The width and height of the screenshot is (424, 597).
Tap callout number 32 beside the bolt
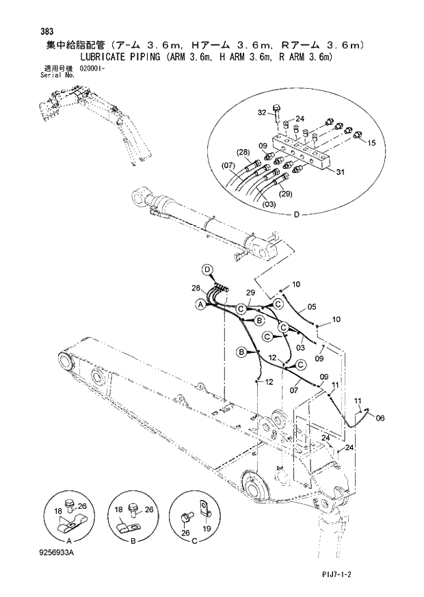[262, 112]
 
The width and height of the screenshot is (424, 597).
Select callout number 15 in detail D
[372, 143]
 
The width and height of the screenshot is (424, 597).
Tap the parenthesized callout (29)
[285, 194]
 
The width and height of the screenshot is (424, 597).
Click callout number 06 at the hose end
[380, 418]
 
